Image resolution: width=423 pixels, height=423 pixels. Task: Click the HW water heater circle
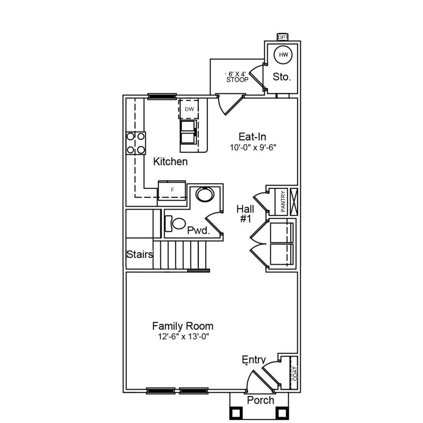(x=283, y=55)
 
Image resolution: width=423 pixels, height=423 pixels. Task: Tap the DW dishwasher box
(x=189, y=109)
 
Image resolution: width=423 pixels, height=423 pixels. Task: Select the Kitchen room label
(x=170, y=162)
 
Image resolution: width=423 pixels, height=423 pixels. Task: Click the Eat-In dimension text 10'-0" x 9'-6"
(x=253, y=147)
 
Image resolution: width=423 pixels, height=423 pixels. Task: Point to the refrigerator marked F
(x=172, y=190)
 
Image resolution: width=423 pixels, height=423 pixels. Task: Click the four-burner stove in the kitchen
(x=136, y=143)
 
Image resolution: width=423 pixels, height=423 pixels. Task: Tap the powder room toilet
(x=177, y=224)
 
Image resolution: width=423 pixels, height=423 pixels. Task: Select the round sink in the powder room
(x=205, y=194)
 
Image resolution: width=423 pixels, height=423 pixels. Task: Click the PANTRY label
(x=283, y=201)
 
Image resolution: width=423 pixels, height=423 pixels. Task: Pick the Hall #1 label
(x=245, y=213)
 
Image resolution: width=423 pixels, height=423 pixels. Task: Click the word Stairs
(x=140, y=254)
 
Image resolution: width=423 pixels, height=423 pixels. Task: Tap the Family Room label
(x=183, y=326)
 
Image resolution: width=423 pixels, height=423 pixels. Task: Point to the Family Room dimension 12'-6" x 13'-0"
(x=184, y=337)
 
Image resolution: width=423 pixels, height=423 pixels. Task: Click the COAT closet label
(x=295, y=373)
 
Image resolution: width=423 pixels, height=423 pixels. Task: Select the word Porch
(x=260, y=400)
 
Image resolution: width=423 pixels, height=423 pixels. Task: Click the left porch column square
(x=237, y=413)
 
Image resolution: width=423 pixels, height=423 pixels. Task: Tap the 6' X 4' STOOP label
(x=237, y=77)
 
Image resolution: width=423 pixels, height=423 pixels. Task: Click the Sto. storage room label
(x=282, y=77)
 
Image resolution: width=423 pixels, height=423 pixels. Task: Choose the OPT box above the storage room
(x=283, y=37)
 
